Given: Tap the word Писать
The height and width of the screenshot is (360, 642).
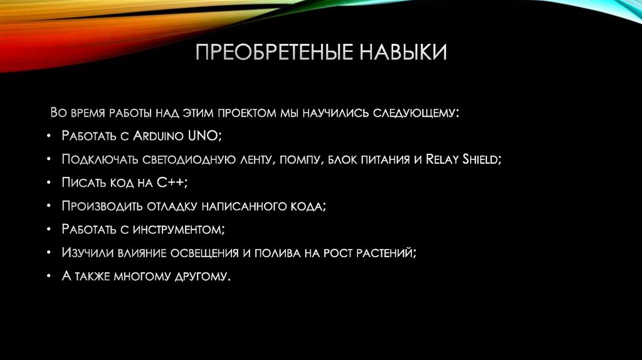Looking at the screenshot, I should [x=80, y=183].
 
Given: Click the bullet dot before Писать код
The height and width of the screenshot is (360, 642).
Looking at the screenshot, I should [x=49, y=183].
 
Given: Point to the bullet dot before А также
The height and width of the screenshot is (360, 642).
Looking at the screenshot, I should [x=49, y=275].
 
